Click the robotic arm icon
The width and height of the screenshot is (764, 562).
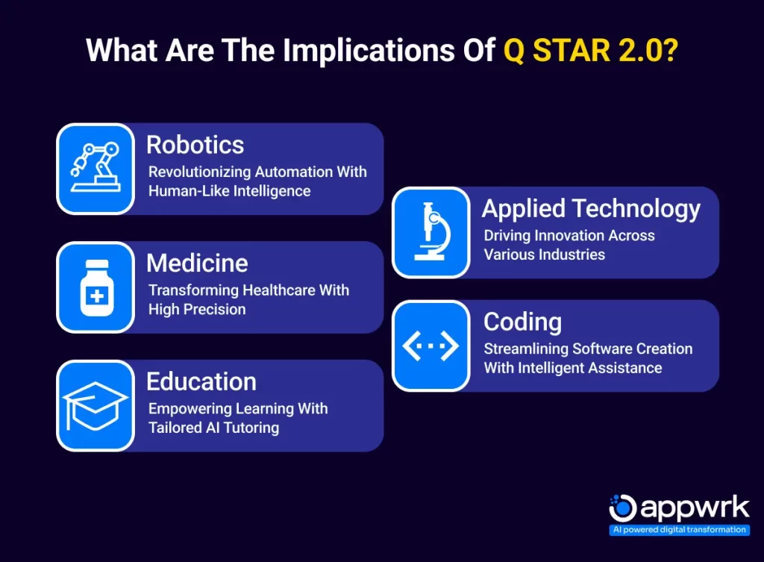[95, 167]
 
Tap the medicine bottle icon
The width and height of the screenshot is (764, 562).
[96, 287]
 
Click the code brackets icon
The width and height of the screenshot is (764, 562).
[430, 346]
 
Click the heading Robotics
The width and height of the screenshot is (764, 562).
[195, 145]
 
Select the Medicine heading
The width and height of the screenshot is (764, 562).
[197, 263]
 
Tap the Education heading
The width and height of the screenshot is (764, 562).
[201, 381]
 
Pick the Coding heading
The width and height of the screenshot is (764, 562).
[522, 322]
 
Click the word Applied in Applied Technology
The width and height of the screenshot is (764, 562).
[523, 210]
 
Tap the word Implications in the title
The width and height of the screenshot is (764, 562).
[369, 51]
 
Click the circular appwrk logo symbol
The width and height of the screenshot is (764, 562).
[623, 508]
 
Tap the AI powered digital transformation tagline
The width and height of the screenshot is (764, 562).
[679, 530]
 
